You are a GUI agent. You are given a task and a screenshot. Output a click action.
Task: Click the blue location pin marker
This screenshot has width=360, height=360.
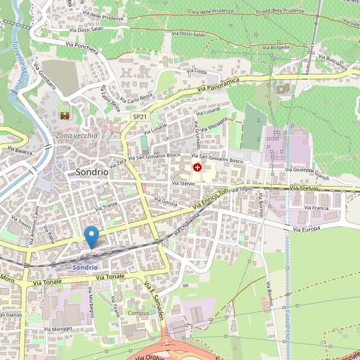(91, 237)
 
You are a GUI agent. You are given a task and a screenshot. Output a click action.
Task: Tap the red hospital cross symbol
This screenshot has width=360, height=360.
(197, 167)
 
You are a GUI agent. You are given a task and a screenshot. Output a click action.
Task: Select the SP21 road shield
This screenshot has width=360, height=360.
(139, 116)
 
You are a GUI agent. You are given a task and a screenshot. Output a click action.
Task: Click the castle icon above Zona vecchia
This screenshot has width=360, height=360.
(64, 115)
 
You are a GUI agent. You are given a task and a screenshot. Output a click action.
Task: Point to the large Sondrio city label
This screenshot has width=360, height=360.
(92, 172)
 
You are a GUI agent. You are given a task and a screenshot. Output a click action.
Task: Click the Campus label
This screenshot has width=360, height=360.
(139, 313)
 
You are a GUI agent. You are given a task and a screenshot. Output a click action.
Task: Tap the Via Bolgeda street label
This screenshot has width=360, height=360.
(277, 46)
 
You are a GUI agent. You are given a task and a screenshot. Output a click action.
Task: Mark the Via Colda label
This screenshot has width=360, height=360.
(197, 71)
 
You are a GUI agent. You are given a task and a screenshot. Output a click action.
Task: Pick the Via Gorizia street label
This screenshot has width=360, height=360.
(166, 202)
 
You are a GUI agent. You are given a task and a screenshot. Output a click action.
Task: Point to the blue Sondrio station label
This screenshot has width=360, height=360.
(83, 267)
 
